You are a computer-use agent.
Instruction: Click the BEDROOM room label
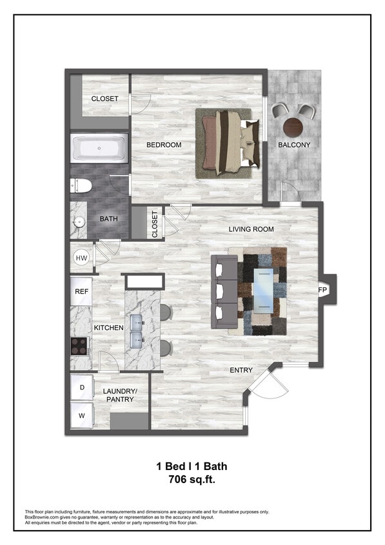[164, 145]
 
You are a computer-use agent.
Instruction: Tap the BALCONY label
[294, 145]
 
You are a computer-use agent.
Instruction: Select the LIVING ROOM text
[251, 229]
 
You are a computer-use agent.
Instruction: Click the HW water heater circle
[82, 258]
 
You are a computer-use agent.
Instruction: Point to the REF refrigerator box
[81, 291]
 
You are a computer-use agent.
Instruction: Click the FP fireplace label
[322, 290]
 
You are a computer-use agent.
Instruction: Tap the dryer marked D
[82, 387]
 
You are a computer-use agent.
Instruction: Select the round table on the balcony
[294, 125]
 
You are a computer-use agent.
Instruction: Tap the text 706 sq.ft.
[192, 480]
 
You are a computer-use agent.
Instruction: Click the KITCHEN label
[108, 328]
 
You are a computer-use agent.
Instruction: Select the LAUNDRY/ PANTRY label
[120, 395]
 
